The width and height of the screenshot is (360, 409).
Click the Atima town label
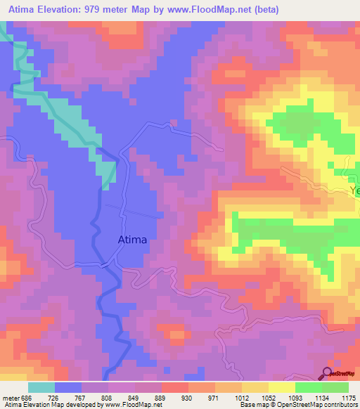point(131,240)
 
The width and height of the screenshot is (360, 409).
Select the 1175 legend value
point(349,396)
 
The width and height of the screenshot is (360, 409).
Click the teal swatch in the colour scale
point(41,387)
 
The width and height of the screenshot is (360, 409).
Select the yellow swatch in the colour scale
point(281,387)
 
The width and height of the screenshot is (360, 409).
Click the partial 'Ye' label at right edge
point(354,191)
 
